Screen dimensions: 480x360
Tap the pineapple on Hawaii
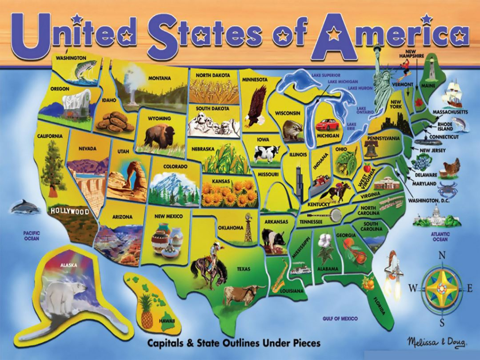(147, 313)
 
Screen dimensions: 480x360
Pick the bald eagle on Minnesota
(256, 106)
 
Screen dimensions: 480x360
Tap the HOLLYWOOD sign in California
(70, 212)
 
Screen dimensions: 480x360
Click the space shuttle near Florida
(393, 269)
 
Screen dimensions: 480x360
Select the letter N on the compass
(442, 255)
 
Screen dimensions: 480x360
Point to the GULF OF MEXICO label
(340, 319)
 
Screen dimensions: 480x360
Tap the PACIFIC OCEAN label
(32, 236)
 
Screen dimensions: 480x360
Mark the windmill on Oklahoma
(248, 227)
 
